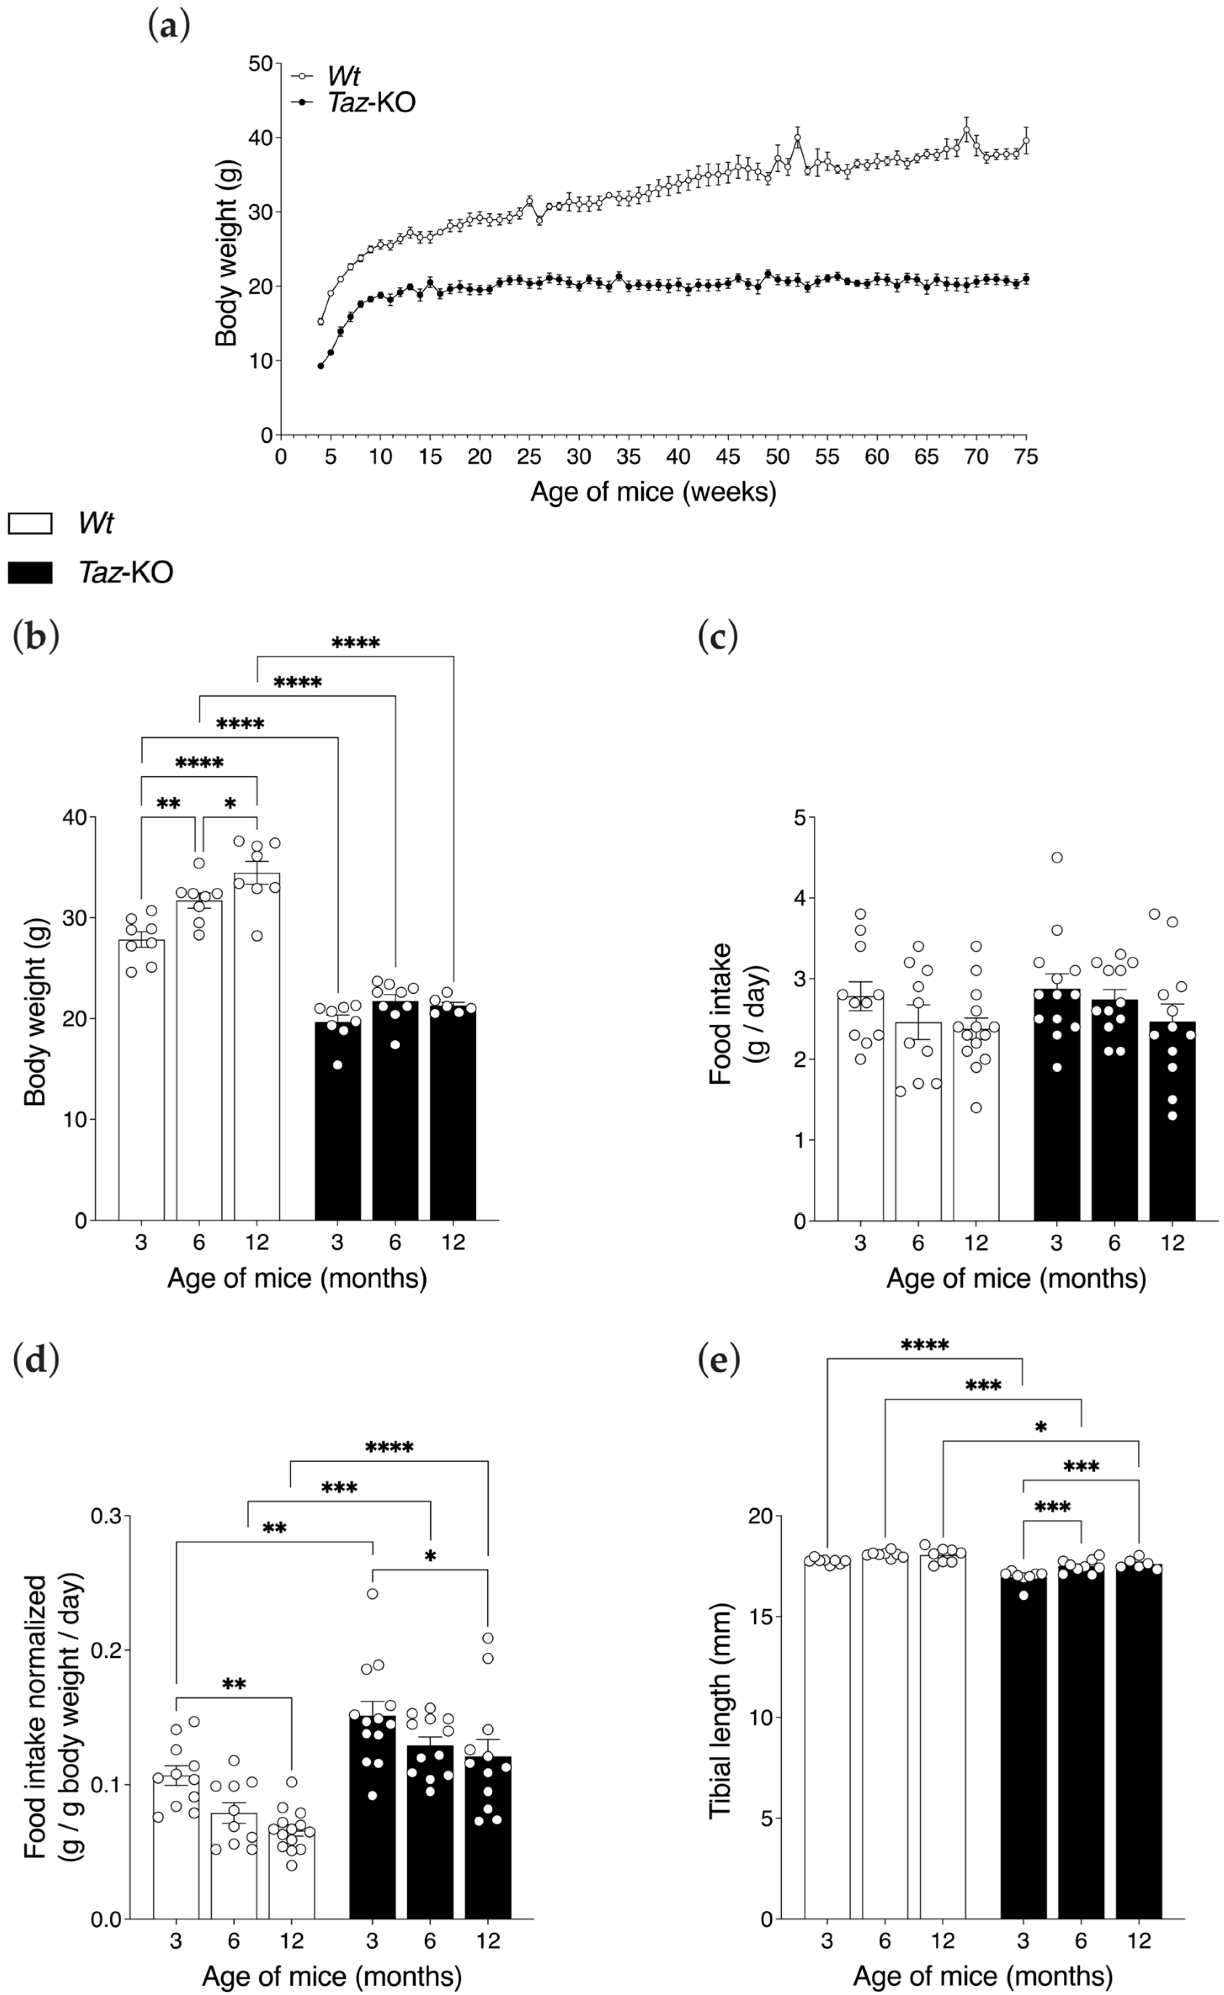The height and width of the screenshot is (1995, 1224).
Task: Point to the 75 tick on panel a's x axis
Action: [1025, 457]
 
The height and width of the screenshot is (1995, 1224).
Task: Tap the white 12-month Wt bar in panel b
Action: [257, 1053]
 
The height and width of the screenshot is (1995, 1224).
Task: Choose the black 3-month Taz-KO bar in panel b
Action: [338, 1125]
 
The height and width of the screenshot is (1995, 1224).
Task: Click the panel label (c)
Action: [718, 637]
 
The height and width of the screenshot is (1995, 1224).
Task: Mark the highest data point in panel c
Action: [1056, 857]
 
